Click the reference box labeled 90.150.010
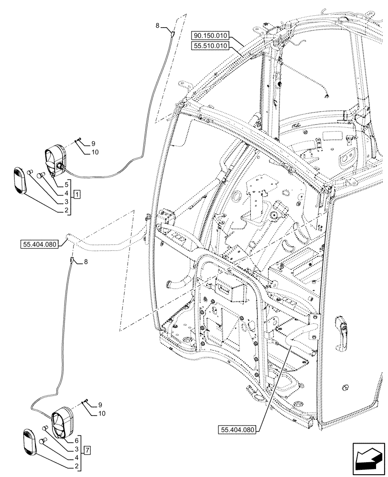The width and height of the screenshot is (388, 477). click(x=212, y=35)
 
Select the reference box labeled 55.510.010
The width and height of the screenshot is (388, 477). click(x=212, y=46)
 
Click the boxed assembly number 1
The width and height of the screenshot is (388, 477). click(x=77, y=194)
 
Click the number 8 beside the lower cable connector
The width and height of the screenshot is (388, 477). click(x=86, y=261)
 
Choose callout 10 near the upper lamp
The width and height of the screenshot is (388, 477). click(x=95, y=152)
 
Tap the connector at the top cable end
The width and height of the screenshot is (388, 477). click(x=173, y=33)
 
